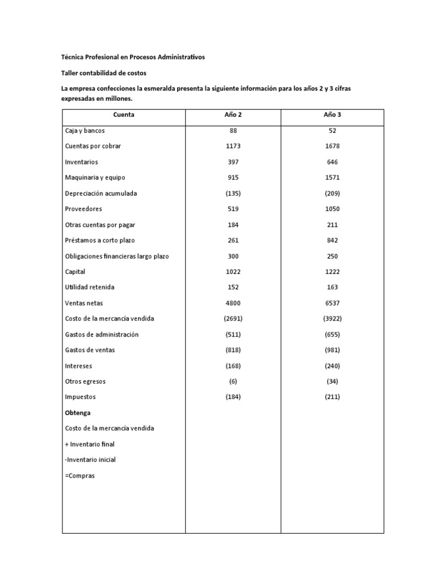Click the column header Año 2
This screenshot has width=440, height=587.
point(233,115)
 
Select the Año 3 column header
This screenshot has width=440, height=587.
point(332,115)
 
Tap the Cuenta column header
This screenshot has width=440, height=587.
point(124,115)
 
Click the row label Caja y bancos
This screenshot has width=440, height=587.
point(85,131)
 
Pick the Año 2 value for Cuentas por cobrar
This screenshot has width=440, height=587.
point(233,146)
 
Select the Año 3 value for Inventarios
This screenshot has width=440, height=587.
point(332,162)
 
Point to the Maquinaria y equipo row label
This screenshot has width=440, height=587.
point(95,178)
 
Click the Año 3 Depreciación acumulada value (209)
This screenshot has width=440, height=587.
point(332,193)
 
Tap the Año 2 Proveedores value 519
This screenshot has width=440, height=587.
point(233,209)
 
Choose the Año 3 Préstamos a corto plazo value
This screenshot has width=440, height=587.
point(332,240)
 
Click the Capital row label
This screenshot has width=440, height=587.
point(76,272)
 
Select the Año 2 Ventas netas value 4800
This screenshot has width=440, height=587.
point(233,303)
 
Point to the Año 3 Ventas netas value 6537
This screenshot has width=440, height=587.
point(332,303)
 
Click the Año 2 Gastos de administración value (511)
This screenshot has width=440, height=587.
point(233,334)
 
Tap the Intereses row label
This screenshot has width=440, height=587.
point(79,366)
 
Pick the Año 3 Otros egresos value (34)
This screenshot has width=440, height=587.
point(332,381)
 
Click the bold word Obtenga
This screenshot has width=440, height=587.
point(78,413)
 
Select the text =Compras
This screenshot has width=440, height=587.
point(80,475)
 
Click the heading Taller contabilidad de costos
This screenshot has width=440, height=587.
point(104,73)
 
